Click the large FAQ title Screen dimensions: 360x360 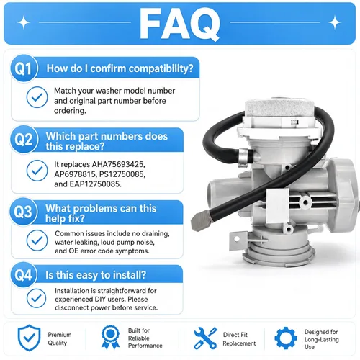click(179, 24)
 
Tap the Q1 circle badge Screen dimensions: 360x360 click(24, 68)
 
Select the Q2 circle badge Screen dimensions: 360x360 click(24, 139)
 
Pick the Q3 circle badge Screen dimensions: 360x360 click(23, 212)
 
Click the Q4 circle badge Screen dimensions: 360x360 click(23, 275)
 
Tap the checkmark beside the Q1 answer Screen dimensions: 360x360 click(37, 97)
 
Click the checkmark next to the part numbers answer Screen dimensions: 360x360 click(37, 171)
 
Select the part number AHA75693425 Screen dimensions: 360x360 click(118, 164)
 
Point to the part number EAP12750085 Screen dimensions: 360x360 click(95, 184)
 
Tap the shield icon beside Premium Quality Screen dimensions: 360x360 click(29, 338)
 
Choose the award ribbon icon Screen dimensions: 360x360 click(110, 337)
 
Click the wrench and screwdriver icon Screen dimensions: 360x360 click(205, 338)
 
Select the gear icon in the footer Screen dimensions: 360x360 click(286, 338)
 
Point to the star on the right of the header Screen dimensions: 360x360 click(335, 22)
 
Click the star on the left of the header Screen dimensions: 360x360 click(24, 22)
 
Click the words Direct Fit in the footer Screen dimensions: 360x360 click(235, 335)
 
